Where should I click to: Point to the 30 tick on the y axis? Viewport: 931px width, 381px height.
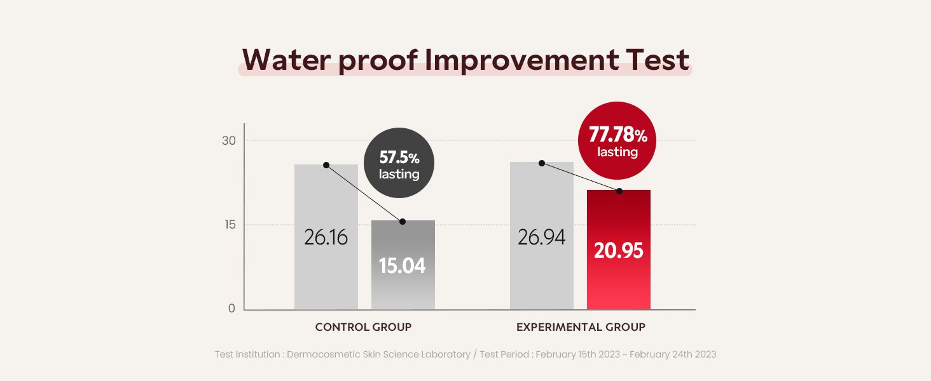click(228, 140)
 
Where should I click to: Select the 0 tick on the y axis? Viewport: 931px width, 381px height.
click(231, 309)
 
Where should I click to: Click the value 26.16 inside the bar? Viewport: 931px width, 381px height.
click(326, 237)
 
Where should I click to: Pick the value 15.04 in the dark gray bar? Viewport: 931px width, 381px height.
click(403, 265)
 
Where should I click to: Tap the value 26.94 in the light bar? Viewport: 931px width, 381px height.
click(541, 237)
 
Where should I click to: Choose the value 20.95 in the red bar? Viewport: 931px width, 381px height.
click(618, 250)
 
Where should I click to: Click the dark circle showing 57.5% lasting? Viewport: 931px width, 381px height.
click(399, 163)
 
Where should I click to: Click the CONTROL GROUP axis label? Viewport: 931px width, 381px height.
click(363, 328)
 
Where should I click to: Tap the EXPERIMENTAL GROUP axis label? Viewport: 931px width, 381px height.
click(581, 328)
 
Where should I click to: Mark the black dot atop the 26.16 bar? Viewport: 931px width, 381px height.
click(326, 165)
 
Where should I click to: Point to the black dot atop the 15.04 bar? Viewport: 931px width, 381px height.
click(403, 222)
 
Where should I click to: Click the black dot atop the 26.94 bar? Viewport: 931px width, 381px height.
click(542, 163)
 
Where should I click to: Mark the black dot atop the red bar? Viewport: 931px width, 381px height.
click(619, 191)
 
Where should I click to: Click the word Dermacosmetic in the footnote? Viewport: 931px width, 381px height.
click(324, 354)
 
